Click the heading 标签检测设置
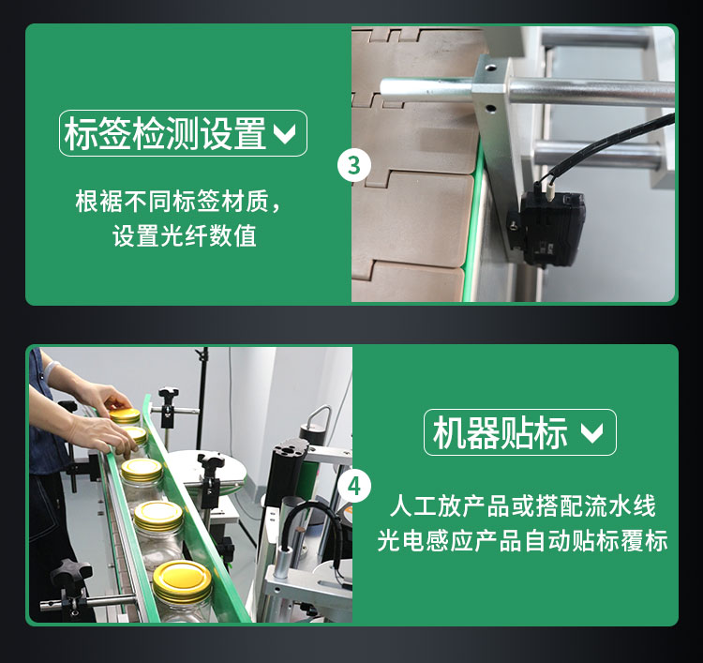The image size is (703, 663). click(165, 133)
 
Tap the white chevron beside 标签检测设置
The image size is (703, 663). click(285, 134)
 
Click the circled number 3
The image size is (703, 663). click(354, 165)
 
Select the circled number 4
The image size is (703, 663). click(354, 487)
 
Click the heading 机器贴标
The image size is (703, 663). click(500, 432)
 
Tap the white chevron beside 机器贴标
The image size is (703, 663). click(591, 433)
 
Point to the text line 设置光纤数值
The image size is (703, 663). click(185, 235)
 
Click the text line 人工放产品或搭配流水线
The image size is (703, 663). click(522, 506)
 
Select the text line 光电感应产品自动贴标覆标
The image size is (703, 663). click(522, 540)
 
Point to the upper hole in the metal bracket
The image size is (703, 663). click(491, 68)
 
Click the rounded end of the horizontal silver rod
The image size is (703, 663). click(386, 86)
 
